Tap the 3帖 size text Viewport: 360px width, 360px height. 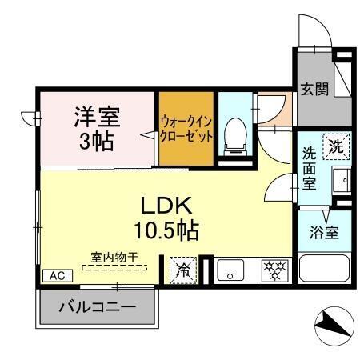[98, 142]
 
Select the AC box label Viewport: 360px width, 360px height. [56, 275]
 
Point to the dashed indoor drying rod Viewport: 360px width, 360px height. [114, 268]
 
